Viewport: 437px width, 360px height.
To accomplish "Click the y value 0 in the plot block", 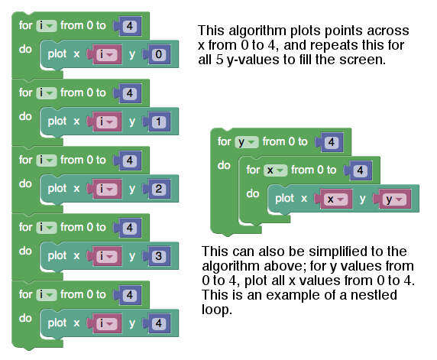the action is [x=159, y=54].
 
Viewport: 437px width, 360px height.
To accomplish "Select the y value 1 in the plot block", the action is [x=159, y=122].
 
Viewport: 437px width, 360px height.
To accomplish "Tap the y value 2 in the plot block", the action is [x=159, y=189].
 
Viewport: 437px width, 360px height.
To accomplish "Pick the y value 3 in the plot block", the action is [x=159, y=256].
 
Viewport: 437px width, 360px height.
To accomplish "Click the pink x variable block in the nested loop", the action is [x=335, y=199].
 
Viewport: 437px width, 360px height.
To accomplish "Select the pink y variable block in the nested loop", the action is [x=394, y=199].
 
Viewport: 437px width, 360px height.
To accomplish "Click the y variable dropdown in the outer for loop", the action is [x=247, y=142].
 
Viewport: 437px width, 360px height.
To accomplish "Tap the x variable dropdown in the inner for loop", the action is [x=275, y=170].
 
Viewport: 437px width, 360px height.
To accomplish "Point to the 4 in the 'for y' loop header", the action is [x=332, y=142].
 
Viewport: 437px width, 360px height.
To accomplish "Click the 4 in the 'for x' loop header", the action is [x=360, y=170].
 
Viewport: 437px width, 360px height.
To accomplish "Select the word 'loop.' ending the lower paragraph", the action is [x=217, y=310].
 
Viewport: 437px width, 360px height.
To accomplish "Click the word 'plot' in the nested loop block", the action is [x=284, y=198].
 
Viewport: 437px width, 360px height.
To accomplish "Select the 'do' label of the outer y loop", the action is [x=224, y=165].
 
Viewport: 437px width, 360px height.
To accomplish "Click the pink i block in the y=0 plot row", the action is [x=107, y=54].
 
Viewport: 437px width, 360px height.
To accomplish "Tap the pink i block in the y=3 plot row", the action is [x=107, y=256].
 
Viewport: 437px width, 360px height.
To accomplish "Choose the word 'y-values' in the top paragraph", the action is [x=254, y=60].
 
